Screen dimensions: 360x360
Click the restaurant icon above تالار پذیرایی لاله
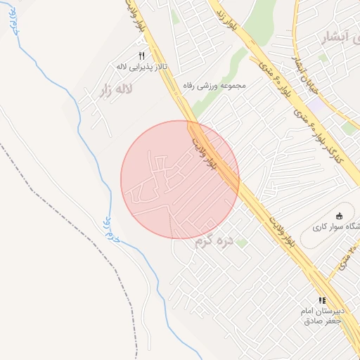tap(142, 56)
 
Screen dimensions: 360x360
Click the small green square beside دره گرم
tap(242, 243)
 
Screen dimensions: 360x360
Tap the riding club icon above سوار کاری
tap(340, 216)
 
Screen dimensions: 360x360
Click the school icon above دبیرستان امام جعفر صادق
tap(322, 300)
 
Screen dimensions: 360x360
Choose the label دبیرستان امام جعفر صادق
tap(323, 316)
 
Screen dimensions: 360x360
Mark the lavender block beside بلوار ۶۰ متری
tap(315, 105)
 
